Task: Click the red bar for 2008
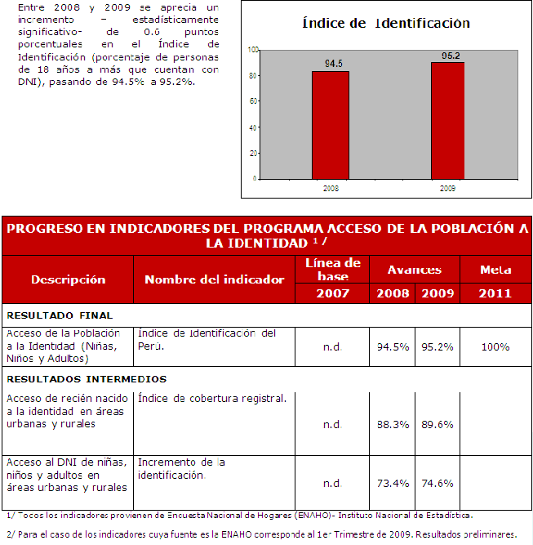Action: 330,124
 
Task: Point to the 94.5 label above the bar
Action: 333,63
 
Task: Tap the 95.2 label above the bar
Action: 451,56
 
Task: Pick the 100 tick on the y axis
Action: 253,50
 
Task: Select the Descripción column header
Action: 69,279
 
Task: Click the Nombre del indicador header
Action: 214,279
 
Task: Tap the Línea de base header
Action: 332,270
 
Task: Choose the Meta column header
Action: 495,270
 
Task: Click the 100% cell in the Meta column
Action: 495,346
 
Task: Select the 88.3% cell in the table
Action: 393,424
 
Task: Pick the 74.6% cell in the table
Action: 438,483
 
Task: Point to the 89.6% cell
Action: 438,424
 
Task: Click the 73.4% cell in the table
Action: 393,483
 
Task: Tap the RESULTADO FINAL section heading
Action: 60,315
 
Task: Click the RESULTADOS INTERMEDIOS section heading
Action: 86,378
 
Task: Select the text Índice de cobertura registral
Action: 212,399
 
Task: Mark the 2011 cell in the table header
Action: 495,293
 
